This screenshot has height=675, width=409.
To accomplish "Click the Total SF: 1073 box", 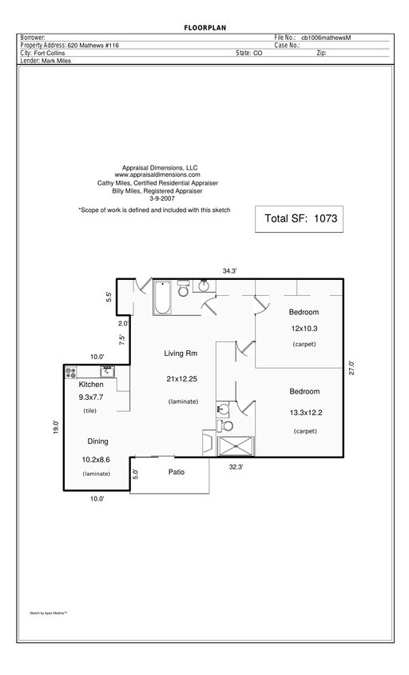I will tap(300, 218).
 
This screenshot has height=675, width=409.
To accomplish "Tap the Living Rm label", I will tap(181, 353).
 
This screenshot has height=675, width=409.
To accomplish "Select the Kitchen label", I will tap(91, 385).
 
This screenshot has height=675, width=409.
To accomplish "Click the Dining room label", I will tap(97, 441).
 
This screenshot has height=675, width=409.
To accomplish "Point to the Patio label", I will tap(177, 472).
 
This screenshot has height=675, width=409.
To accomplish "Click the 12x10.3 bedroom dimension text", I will tap(304, 328).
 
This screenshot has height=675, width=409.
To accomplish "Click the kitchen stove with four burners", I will tap(70, 372).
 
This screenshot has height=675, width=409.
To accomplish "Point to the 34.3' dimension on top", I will tap(230, 271).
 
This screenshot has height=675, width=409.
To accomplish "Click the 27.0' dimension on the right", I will tap(351, 370).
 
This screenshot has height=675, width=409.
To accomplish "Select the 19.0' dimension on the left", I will tap(56, 428).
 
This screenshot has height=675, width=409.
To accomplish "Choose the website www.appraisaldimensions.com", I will tap(157, 174).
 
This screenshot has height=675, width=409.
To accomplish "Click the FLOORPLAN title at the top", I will tap(204, 29).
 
